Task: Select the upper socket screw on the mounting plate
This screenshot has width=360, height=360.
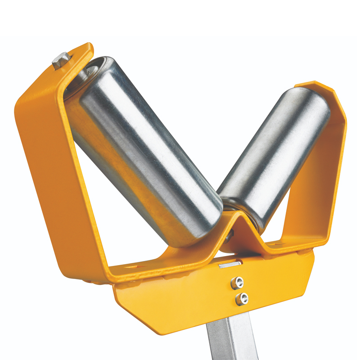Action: (238, 283)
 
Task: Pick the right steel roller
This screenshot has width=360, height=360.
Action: (274, 153)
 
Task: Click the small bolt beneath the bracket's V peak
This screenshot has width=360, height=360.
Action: (230, 234)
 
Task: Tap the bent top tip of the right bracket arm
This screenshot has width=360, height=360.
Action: (315, 85)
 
